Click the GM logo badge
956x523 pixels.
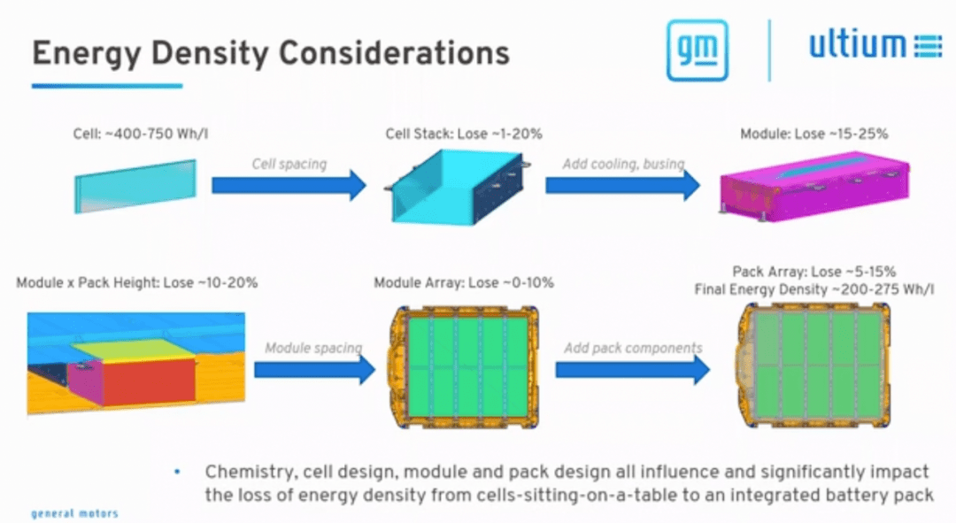tap(697, 50)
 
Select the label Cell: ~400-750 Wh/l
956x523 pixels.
tap(140, 135)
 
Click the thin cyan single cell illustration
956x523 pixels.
tap(136, 186)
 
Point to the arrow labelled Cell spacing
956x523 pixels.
tap(289, 185)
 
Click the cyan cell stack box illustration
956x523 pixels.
tap(458, 186)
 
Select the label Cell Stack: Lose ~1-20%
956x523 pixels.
tap(463, 135)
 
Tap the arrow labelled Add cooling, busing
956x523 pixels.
tap(623, 185)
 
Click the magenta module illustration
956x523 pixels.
tap(815, 187)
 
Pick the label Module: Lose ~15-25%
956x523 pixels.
tap(814, 135)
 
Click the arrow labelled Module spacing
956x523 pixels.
tap(314, 369)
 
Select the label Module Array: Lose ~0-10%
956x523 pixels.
tap(463, 283)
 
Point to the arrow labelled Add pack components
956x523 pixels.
tap(633, 369)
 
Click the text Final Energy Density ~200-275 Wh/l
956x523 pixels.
tap(814, 289)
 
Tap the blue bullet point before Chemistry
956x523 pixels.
tap(177, 471)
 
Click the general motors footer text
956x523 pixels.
tap(74, 514)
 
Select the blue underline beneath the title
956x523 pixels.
tap(107, 86)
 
